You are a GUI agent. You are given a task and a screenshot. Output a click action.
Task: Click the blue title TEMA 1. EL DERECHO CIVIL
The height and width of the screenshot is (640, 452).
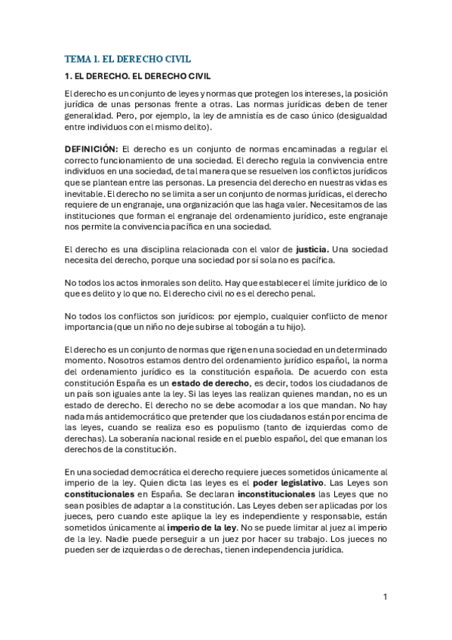(127, 58)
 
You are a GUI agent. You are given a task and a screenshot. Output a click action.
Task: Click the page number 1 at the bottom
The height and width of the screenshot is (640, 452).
(385, 597)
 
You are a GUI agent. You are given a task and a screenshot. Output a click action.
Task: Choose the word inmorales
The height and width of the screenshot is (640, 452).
(149, 283)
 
